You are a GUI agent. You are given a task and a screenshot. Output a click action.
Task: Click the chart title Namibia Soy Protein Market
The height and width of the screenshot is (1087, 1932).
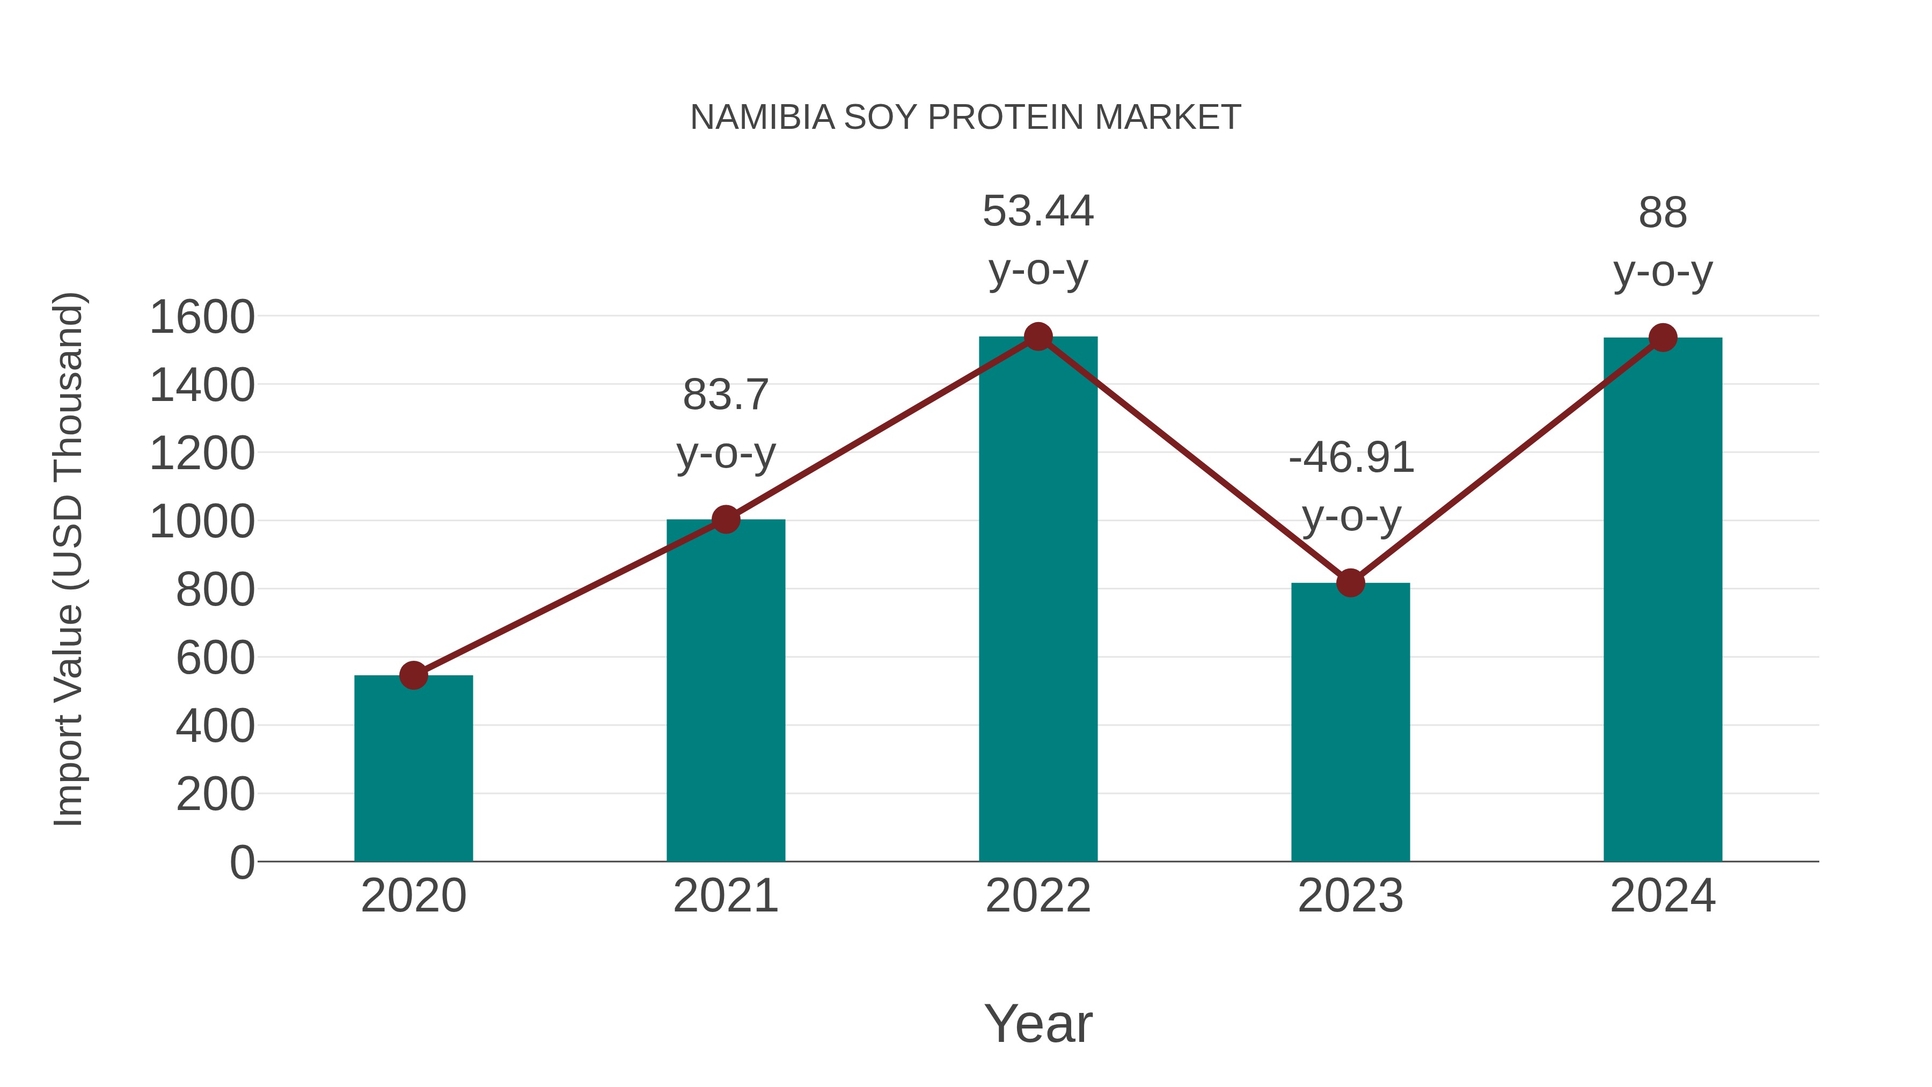965,118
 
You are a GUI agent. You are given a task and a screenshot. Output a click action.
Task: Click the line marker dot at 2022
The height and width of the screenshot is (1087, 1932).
1038,337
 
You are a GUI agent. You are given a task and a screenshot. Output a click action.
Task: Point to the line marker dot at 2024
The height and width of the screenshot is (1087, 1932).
1663,338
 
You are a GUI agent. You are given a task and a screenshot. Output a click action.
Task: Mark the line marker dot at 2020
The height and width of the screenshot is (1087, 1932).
413,675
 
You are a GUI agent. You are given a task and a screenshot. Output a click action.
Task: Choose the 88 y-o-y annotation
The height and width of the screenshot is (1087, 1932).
1663,242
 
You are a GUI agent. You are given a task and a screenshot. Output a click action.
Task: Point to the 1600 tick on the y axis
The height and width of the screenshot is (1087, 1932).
202,317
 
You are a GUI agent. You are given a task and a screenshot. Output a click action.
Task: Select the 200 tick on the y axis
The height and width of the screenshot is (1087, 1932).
215,794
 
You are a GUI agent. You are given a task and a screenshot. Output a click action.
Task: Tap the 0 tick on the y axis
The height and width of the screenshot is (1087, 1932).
241,863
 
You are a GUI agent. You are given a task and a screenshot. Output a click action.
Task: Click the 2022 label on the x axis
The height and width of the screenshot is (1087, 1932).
1038,896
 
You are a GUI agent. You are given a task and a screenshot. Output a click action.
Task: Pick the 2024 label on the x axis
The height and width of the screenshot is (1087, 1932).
1663,896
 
